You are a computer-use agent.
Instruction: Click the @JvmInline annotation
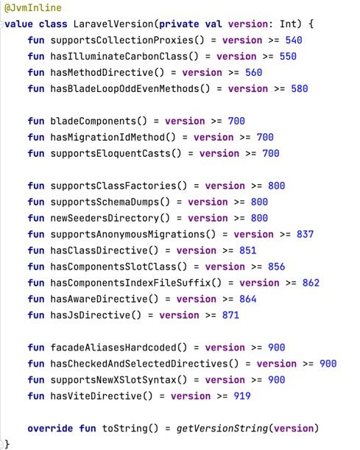(32, 8)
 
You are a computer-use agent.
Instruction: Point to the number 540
(294, 41)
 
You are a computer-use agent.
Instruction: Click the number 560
(253, 73)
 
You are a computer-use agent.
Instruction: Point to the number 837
(306, 234)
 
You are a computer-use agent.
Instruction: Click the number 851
(248, 250)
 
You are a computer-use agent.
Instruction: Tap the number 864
(248, 299)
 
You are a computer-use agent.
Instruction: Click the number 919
(242, 396)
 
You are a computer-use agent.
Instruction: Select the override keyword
(50, 429)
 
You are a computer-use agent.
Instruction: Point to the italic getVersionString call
(222, 429)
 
